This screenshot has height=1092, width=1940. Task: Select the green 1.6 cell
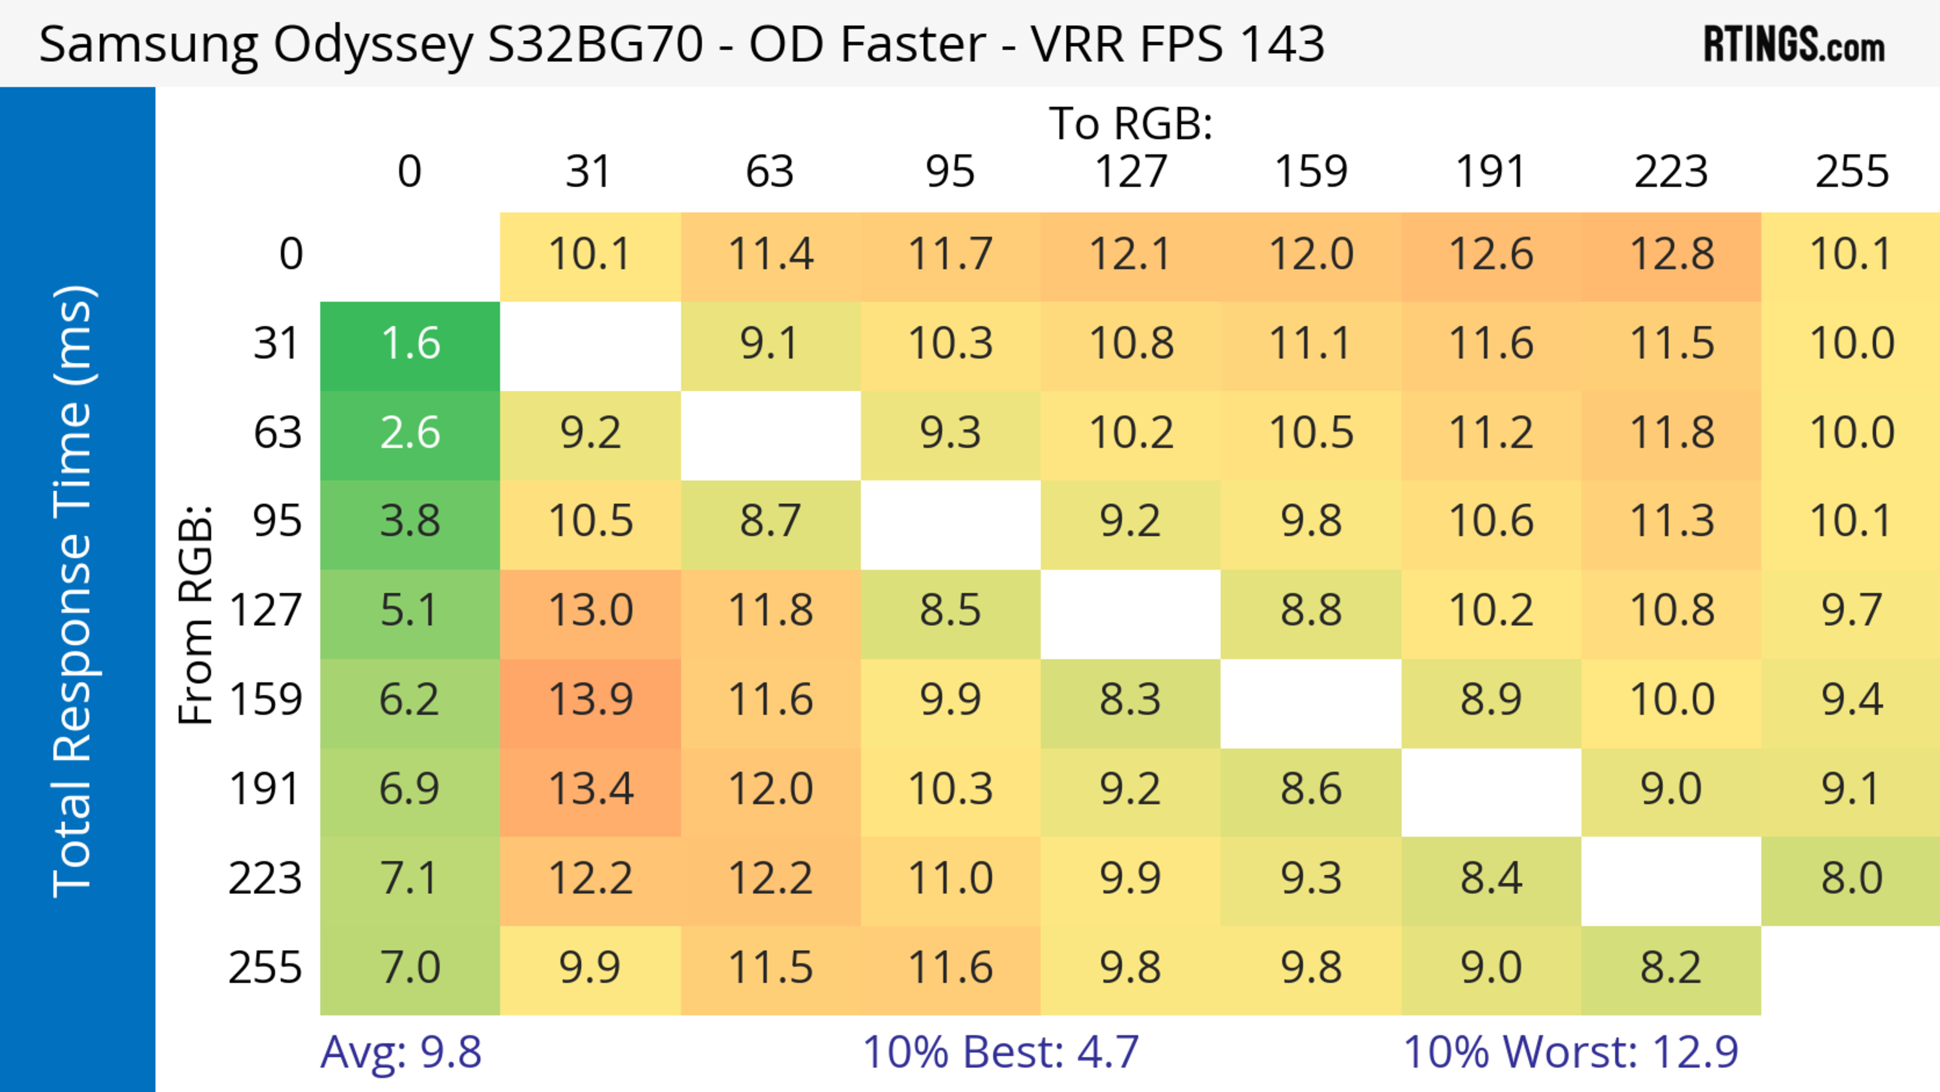point(410,344)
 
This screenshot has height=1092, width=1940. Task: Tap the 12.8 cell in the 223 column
point(1671,255)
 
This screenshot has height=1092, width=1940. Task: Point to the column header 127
point(1131,172)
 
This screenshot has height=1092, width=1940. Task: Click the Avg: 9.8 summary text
point(401,1052)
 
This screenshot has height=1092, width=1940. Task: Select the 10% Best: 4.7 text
point(1000,1052)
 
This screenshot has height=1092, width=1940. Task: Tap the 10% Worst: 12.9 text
point(1571,1052)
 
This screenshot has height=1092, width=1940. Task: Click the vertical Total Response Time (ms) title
point(74,591)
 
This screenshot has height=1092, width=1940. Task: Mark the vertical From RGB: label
point(196,614)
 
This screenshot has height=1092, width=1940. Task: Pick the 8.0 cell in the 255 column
point(1851,878)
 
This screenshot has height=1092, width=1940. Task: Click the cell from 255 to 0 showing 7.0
point(410,968)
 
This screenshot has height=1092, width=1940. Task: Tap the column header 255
point(1851,172)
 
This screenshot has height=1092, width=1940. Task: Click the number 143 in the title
point(1283,43)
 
